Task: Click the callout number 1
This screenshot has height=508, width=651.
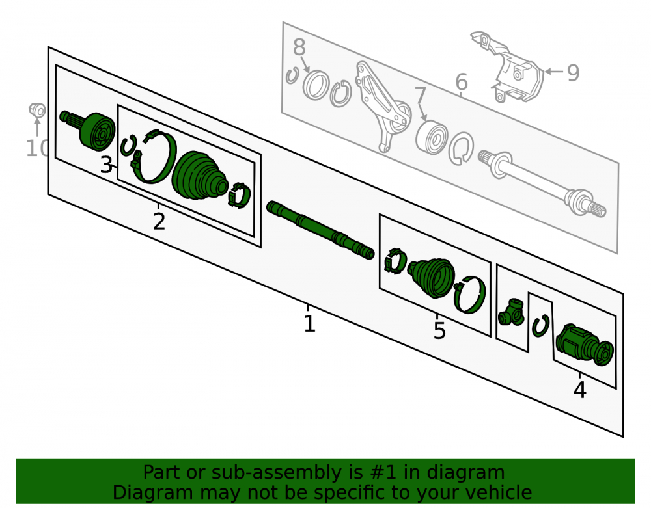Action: (x=310, y=324)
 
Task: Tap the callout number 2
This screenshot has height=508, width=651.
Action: (x=159, y=222)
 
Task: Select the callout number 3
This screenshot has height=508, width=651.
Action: (x=106, y=165)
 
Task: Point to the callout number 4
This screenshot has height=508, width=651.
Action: (x=579, y=390)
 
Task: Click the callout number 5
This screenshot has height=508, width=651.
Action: (x=439, y=330)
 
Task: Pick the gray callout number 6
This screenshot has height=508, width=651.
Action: (x=462, y=82)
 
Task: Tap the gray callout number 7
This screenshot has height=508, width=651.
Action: (x=420, y=95)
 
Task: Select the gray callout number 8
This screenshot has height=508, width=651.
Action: (x=299, y=47)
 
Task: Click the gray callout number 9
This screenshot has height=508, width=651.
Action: (x=573, y=73)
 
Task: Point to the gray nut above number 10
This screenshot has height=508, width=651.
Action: (x=37, y=110)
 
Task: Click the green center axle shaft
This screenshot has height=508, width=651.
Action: (x=320, y=230)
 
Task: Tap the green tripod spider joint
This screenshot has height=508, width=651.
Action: (x=510, y=312)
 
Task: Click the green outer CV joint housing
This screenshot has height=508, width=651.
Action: (x=89, y=129)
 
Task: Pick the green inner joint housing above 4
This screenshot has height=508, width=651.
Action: (x=584, y=345)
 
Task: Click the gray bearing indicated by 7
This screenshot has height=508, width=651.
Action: (x=432, y=137)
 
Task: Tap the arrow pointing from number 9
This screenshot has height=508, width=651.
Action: (x=554, y=72)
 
